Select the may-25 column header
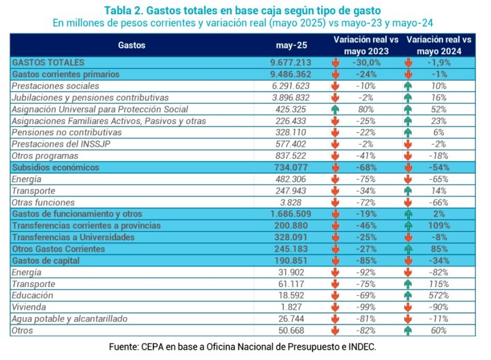[x=286, y=45]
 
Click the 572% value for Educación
[x=438, y=295]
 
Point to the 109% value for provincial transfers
[x=438, y=225]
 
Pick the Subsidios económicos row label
[x=55, y=167]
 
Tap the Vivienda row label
[x=27, y=307]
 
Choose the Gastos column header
[x=130, y=45]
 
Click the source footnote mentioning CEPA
[x=243, y=347]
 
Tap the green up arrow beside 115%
[x=408, y=284]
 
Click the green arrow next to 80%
[x=335, y=109]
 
